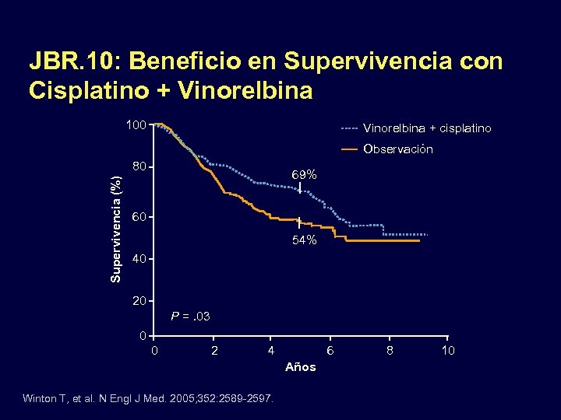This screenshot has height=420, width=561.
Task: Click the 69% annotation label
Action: (x=304, y=176)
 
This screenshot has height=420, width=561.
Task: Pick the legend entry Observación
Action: (x=398, y=149)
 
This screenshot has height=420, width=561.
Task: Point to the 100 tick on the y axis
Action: (x=136, y=124)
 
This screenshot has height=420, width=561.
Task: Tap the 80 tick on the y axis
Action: (x=139, y=167)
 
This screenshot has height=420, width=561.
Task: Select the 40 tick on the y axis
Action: (x=139, y=259)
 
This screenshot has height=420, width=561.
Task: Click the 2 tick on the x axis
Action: (x=214, y=351)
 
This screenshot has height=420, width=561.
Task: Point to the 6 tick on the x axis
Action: (x=330, y=351)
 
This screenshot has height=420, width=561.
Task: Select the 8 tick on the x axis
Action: (x=390, y=351)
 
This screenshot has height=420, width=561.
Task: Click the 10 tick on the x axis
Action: (x=448, y=351)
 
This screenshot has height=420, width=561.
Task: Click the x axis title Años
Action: (x=301, y=367)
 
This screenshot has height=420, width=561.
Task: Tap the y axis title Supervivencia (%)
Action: (x=115, y=230)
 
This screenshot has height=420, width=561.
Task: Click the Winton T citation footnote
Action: (x=148, y=398)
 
